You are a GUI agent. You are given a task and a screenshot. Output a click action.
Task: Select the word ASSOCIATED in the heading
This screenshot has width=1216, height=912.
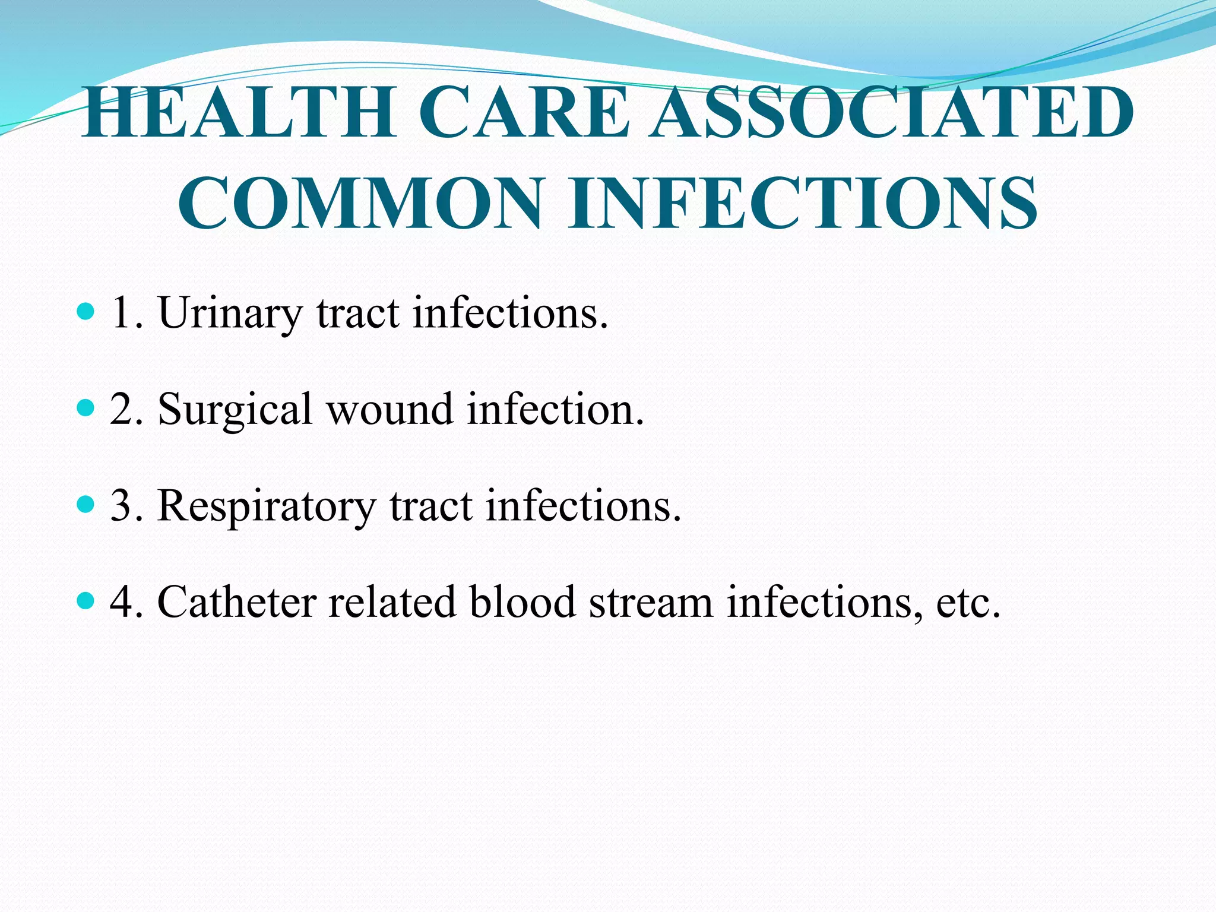(891, 112)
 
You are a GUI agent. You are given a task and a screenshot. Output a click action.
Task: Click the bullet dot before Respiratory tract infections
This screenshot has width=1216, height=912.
(86, 504)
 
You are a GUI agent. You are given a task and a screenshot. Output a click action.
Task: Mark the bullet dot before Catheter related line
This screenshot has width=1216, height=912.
(86, 601)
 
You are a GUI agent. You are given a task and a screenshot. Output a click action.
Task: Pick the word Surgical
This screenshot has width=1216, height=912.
(235, 410)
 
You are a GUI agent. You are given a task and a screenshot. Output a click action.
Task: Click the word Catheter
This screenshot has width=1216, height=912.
(236, 602)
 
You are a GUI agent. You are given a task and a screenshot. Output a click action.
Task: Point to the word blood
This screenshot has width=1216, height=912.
(522, 602)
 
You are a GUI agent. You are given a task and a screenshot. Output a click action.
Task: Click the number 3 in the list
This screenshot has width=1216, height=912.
(121, 506)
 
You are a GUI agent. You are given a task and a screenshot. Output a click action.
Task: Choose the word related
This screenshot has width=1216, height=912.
(392, 602)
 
